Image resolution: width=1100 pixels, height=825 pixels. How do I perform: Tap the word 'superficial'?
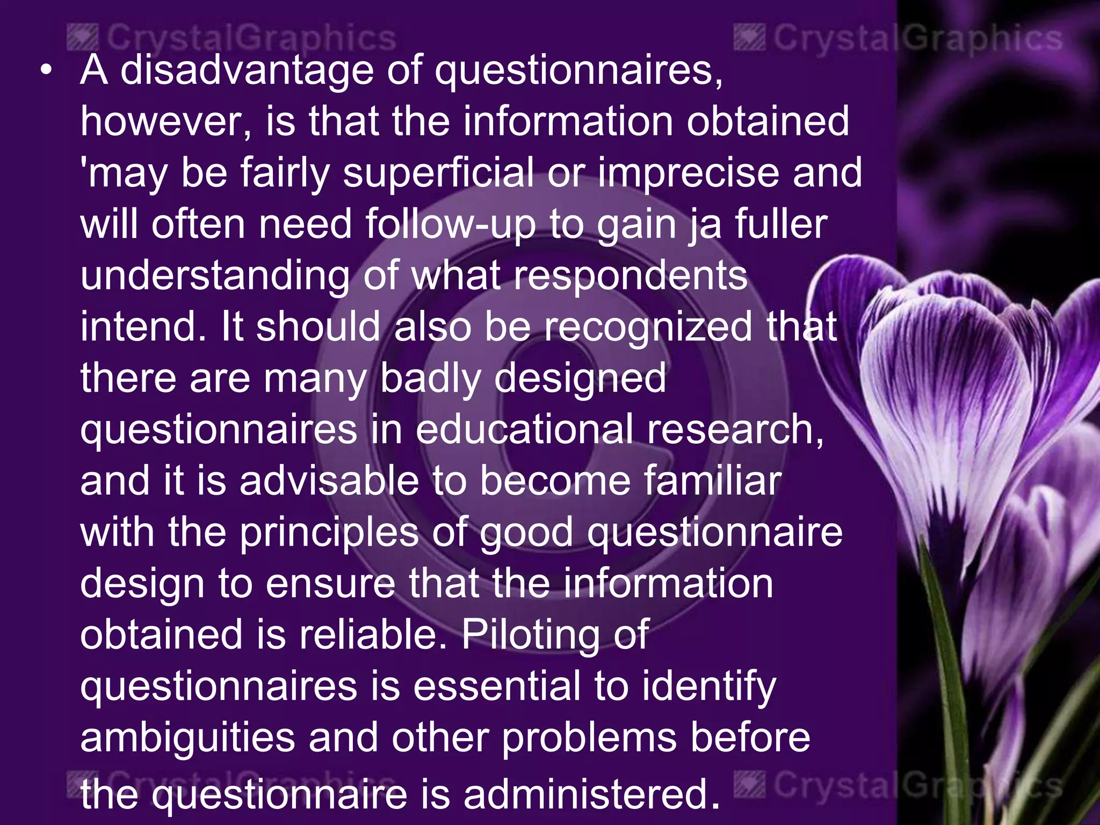coord(438,173)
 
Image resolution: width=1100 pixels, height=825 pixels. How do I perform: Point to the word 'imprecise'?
coord(687,173)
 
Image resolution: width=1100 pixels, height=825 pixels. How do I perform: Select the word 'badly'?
coord(430,378)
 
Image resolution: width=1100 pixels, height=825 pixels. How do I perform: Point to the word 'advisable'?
coord(329,481)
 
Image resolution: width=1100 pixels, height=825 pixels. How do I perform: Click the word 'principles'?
coord(329,532)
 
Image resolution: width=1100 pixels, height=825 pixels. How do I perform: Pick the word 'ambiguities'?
coord(188,737)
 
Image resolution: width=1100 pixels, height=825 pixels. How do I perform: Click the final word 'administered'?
coord(591,794)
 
